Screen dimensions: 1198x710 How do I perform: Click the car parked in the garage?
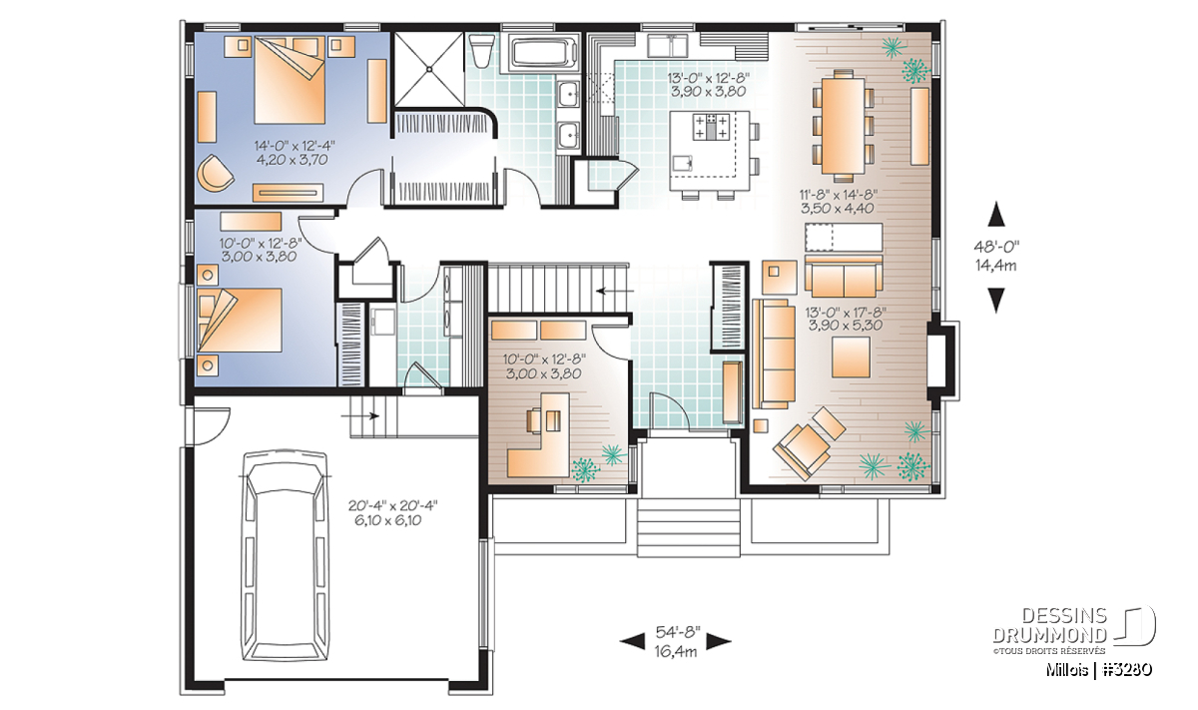click(x=286, y=556)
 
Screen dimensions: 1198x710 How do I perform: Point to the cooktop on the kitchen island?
click(x=711, y=127)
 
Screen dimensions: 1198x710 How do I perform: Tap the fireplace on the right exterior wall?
click(x=942, y=360)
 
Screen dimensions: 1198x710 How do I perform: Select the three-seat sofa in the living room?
click(x=774, y=354)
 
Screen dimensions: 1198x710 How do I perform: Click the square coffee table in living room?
click(x=851, y=356)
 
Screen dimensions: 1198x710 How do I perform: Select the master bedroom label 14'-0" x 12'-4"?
click(x=295, y=146)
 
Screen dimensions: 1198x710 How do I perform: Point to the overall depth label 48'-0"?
click(x=996, y=247)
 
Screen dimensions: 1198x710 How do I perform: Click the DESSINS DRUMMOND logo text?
click(x=1050, y=625)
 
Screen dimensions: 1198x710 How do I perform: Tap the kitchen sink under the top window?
click(x=668, y=46)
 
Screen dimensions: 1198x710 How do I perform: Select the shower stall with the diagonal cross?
click(x=428, y=69)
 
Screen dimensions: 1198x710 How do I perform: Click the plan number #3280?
click(x=1126, y=670)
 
